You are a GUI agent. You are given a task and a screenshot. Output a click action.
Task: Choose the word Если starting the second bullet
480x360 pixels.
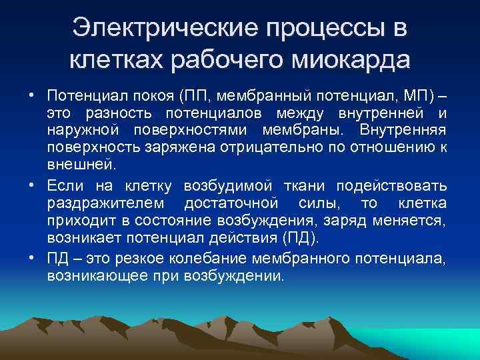(x=64, y=186)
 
